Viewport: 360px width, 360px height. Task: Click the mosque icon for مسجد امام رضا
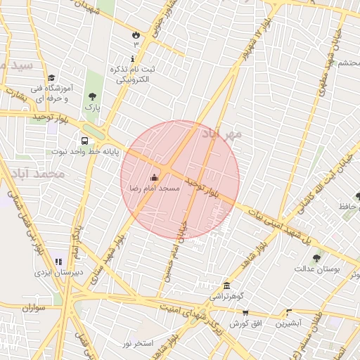[x=155, y=177]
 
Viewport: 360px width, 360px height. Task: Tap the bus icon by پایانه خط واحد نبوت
[x=84, y=140]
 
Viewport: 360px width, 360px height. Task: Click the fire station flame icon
[x=136, y=34]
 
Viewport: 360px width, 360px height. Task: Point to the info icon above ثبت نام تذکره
[x=132, y=59]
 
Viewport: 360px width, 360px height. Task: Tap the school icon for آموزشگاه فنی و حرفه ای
[x=51, y=79]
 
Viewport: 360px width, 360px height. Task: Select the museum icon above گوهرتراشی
[x=226, y=286]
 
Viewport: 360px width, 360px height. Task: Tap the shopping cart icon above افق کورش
[x=245, y=313]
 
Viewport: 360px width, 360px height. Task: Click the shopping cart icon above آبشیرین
[x=289, y=313]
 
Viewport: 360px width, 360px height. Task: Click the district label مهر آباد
[x=222, y=133]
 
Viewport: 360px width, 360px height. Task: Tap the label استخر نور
[x=138, y=343]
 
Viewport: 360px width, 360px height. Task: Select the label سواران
[x=33, y=307]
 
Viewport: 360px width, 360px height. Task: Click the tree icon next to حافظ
[x=359, y=196]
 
